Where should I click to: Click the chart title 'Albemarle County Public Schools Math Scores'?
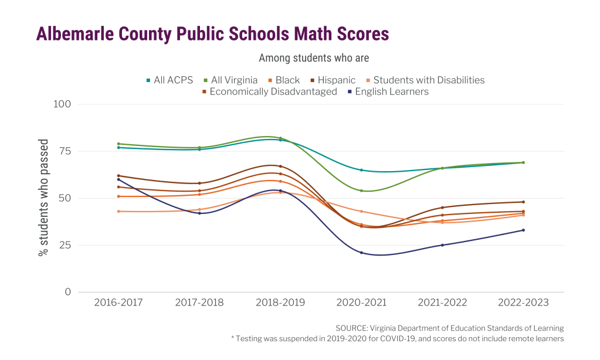click(212, 34)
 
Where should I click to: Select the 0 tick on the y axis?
click(67, 292)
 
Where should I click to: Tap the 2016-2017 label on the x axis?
click(118, 303)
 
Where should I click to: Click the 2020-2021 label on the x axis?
click(361, 303)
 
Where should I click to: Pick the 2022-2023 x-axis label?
click(523, 303)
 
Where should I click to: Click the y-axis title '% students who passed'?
click(43, 198)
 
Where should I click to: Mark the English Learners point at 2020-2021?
click(361, 253)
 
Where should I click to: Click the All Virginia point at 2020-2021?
click(361, 191)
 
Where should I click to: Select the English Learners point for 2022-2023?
click(523, 230)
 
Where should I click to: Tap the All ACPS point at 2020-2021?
click(361, 170)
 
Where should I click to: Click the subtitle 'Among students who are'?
click(314, 59)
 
